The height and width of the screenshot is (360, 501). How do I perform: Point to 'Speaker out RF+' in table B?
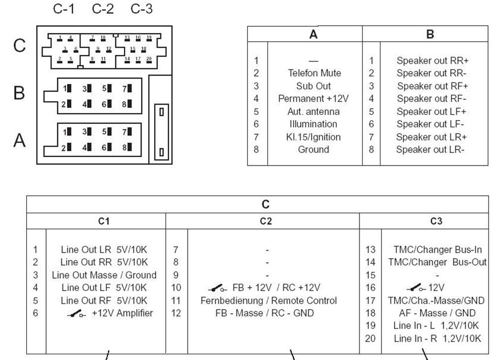pyautogui.click(x=432, y=86)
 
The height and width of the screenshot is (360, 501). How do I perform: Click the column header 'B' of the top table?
pyautogui.click(x=430, y=35)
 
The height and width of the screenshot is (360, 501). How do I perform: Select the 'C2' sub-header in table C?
pyautogui.click(x=265, y=221)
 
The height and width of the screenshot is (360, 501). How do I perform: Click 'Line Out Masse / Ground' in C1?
pyautogui.click(x=103, y=275)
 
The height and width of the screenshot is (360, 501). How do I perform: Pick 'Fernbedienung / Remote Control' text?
pyautogui.click(x=268, y=300)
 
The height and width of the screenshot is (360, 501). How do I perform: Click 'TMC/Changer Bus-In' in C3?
pyautogui.click(x=437, y=250)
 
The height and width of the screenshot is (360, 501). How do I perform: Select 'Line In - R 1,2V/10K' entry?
pyautogui.click(x=437, y=338)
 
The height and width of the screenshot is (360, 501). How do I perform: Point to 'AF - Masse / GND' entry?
pyautogui.click(x=437, y=313)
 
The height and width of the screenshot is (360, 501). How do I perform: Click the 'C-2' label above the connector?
pyautogui.click(x=102, y=10)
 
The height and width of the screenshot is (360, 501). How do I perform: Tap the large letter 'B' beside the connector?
pyautogui.click(x=19, y=93)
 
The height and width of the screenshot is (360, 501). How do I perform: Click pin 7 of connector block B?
pyautogui.click(x=126, y=89)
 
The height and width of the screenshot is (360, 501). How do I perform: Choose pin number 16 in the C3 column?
pyautogui.click(x=370, y=288)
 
